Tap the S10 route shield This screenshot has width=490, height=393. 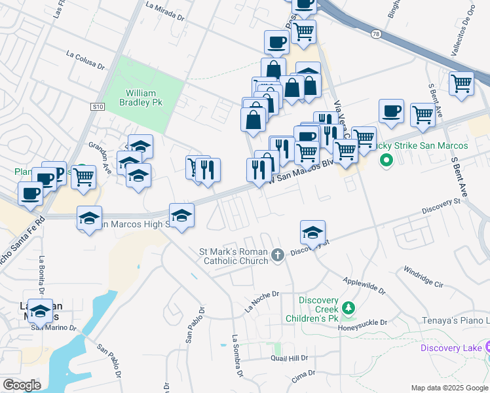click(98, 106)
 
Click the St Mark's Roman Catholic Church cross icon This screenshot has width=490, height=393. click(277, 255)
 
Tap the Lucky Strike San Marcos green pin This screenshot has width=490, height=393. click(386, 159)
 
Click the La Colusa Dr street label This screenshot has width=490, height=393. click(86, 60)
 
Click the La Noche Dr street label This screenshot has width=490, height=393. click(261, 301)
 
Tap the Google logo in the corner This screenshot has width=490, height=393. click(22, 384)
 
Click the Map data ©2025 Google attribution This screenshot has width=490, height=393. click(449, 388)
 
